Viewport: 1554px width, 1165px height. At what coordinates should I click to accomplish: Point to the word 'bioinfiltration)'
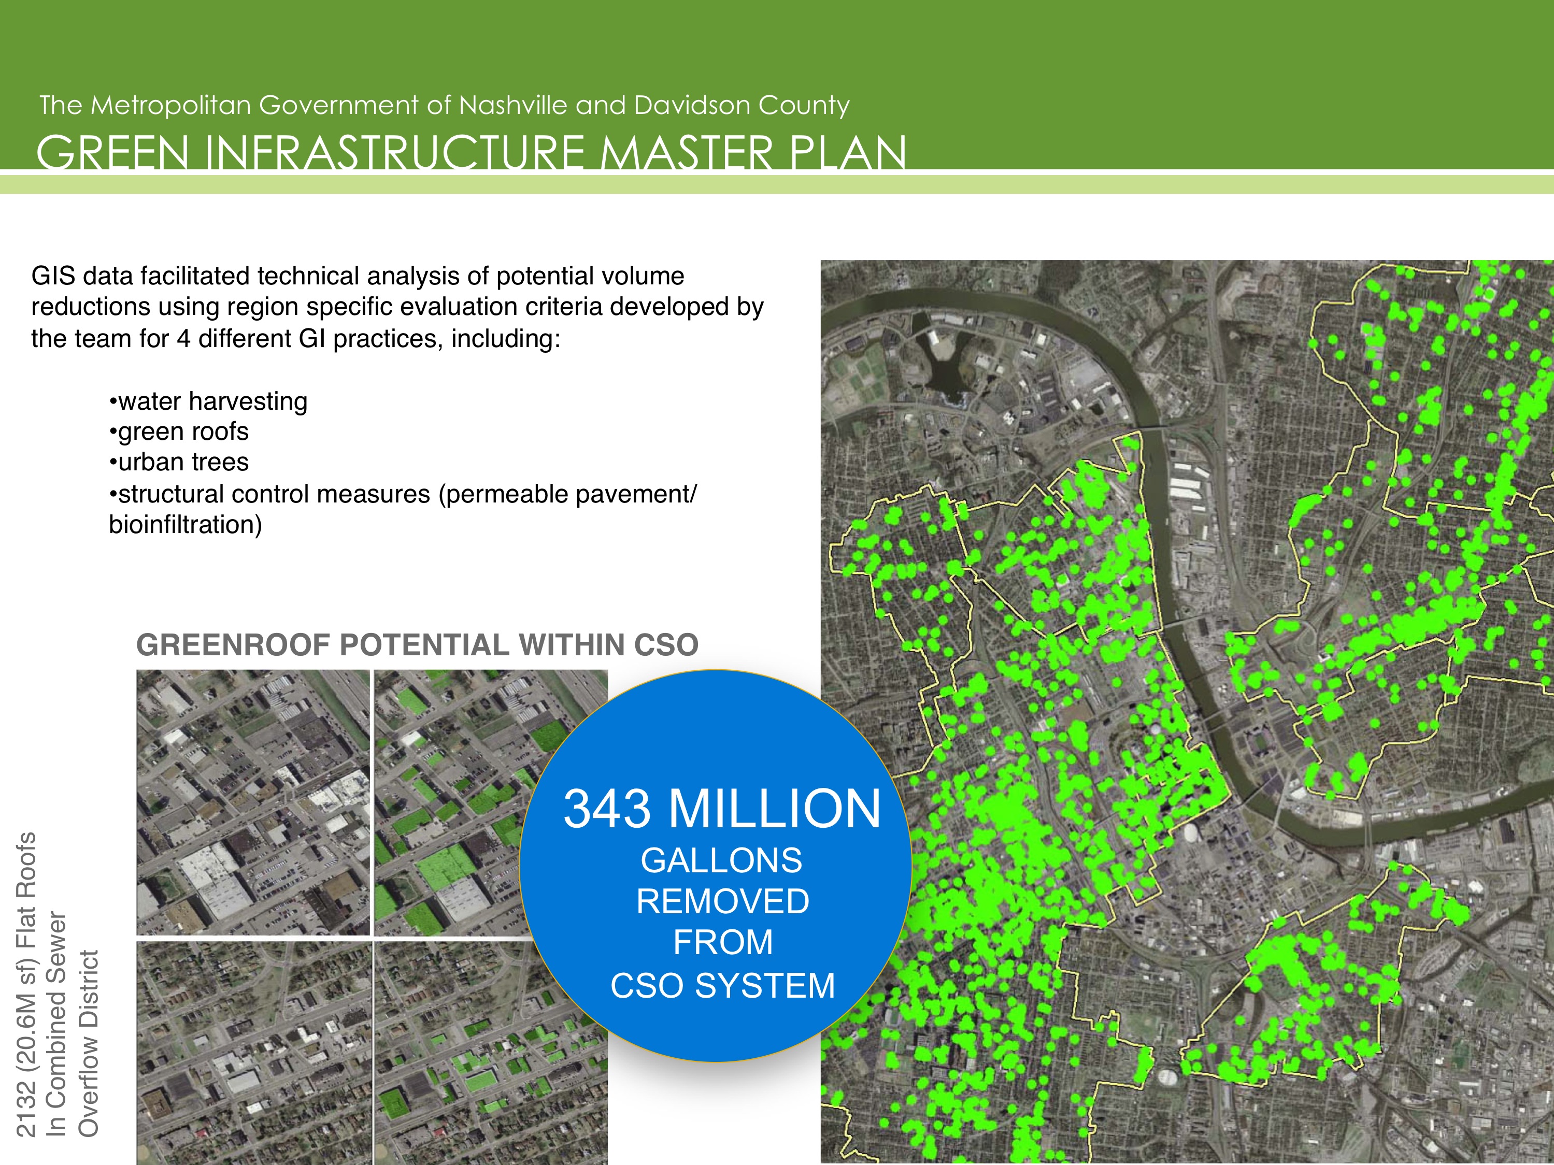pyautogui.click(x=186, y=525)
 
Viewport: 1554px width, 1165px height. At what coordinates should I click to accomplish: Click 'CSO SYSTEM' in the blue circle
pyautogui.click(x=723, y=985)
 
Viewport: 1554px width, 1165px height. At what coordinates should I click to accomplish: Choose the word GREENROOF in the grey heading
pyautogui.click(x=233, y=644)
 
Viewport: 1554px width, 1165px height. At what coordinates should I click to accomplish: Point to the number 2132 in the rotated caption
pyautogui.click(x=25, y=1119)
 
